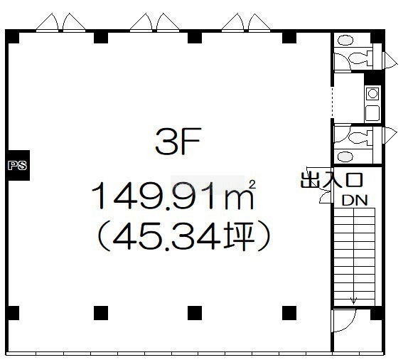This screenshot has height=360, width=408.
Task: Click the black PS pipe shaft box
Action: (18, 165)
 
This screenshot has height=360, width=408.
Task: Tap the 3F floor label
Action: (178, 141)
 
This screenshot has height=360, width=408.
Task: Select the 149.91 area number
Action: (153, 196)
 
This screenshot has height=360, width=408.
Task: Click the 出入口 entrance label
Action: (331, 180)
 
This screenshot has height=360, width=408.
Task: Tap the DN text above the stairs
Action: (355, 201)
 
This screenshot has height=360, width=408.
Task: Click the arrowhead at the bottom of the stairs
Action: (353, 301)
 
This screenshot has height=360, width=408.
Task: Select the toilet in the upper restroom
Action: (360, 58)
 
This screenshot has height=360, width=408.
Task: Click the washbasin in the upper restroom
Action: (345, 41)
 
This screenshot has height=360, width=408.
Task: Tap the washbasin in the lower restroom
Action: (345, 157)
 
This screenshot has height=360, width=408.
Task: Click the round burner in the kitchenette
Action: (372, 93)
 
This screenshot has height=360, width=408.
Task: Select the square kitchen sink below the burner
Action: (372, 113)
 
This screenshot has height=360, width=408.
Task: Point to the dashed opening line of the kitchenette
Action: (332, 102)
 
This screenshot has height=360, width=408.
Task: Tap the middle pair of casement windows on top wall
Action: (154, 22)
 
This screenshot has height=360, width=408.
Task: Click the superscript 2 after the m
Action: (252, 184)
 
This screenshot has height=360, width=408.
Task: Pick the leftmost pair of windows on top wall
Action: (60, 22)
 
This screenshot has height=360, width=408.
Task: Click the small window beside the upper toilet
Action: (390, 60)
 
